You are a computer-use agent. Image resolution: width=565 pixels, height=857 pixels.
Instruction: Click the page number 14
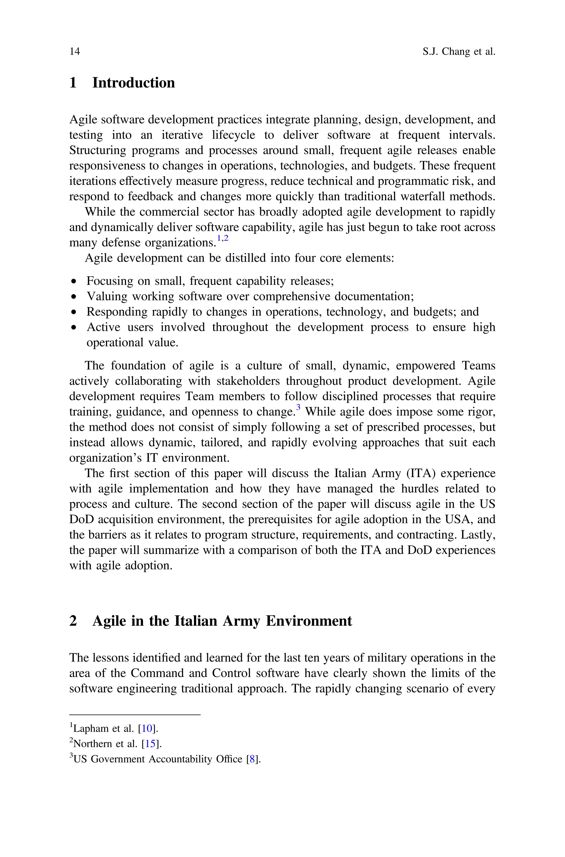74,52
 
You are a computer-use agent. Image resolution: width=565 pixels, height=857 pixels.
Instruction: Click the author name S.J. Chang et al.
459,52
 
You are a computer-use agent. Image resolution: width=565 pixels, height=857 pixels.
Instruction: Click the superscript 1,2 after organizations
222,238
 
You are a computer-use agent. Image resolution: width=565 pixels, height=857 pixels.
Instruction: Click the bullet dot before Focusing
74,281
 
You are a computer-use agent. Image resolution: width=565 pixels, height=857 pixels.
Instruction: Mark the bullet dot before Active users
74,327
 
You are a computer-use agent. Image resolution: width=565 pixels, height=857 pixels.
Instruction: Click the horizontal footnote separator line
134,714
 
